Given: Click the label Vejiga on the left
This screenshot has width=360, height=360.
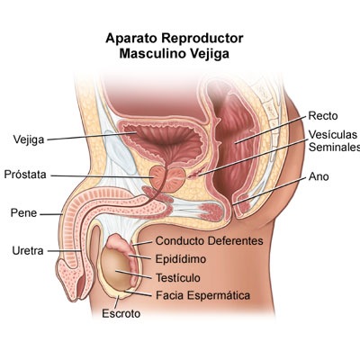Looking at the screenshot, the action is [x=29, y=139].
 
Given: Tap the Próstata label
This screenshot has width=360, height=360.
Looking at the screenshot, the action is [x=25, y=175].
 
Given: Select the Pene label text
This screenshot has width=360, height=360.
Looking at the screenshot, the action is [x=23, y=213].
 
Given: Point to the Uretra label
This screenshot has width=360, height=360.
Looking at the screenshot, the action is [x=28, y=250].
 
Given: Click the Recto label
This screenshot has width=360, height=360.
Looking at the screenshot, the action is [x=323, y=116].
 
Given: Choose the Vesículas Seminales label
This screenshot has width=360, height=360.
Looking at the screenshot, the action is [x=334, y=141].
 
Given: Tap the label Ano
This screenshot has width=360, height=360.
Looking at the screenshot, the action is [x=319, y=176].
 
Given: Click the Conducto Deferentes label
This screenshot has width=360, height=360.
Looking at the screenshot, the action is [x=210, y=240].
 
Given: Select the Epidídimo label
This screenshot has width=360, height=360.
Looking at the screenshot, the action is [x=181, y=259].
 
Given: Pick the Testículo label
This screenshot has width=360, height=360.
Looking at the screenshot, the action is [x=178, y=277].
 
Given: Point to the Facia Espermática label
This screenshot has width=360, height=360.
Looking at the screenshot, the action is [x=202, y=295].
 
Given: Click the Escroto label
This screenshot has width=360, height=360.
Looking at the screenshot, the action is [x=121, y=313].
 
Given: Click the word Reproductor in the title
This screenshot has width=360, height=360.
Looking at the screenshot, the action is [x=202, y=39].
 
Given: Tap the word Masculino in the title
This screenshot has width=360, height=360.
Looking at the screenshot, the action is [x=153, y=54].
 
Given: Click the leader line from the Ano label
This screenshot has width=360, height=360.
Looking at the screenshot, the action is [x=270, y=192].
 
